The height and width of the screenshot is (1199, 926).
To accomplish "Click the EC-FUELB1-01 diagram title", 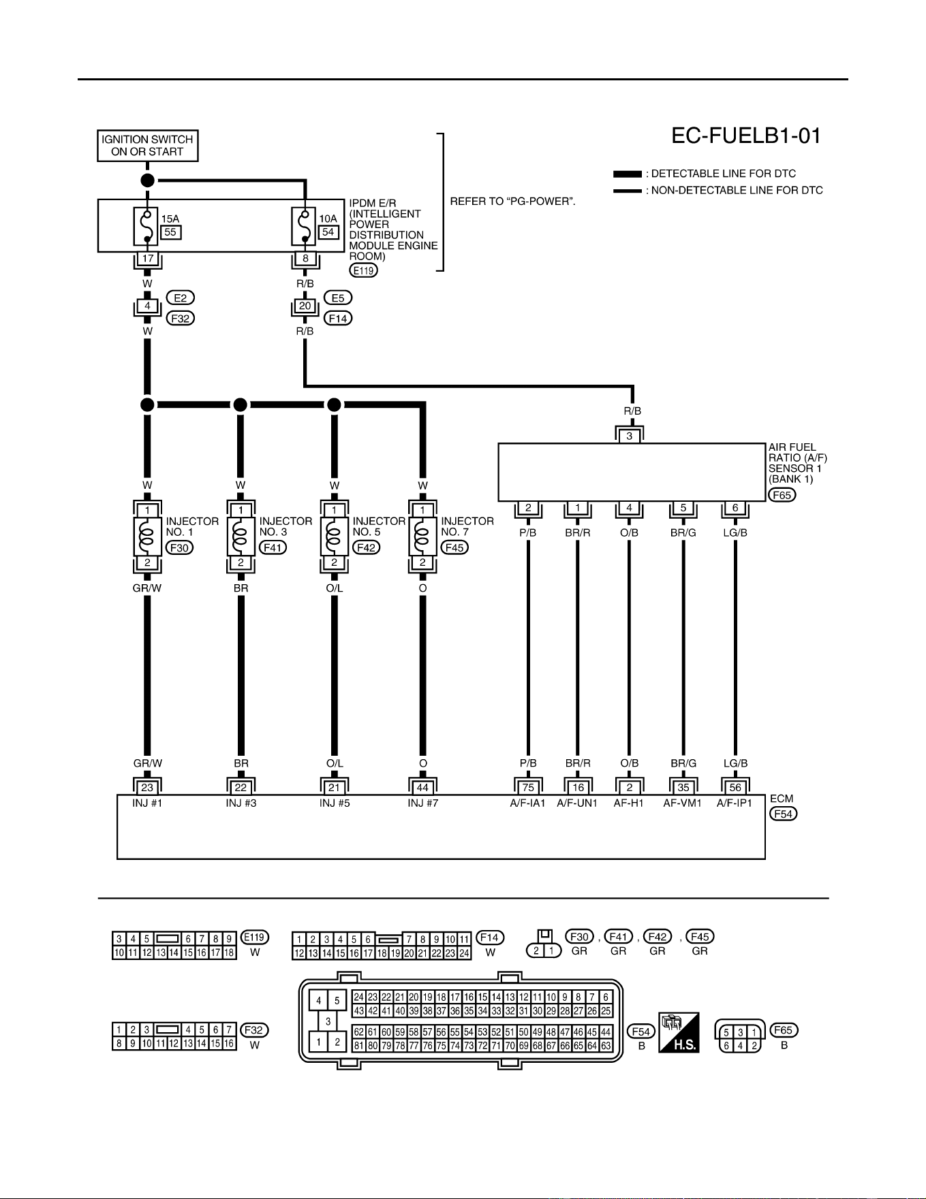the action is point(746,135).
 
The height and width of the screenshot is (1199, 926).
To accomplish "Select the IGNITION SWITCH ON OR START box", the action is point(147,146).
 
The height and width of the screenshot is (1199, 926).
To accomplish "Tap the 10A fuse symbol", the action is point(305,226).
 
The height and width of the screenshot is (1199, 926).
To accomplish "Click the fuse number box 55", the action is point(170,232).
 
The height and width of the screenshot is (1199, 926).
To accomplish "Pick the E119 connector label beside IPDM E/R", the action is point(364,270).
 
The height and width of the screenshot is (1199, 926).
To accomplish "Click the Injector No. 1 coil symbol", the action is point(146,537).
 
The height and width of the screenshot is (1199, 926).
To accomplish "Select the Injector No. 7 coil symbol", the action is point(422,537).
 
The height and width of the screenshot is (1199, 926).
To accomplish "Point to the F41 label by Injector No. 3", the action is point(273,547).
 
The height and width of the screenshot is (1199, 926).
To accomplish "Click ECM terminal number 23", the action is point(147,787).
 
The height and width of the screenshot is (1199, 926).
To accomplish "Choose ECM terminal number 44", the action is point(422,787).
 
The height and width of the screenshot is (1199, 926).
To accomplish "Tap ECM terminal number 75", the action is point(528,787).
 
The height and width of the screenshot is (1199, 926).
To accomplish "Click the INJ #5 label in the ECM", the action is point(335,803).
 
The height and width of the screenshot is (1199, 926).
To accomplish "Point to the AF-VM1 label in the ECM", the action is point(683,803).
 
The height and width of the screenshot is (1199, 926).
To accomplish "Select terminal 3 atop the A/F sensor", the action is point(630,436).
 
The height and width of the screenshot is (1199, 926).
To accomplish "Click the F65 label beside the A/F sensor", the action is point(782,495).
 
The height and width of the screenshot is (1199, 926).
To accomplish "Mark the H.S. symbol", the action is point(679,1032).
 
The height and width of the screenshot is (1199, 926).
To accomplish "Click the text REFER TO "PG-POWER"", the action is point(513,202).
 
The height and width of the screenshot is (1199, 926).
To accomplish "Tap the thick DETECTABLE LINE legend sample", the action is point(627,174).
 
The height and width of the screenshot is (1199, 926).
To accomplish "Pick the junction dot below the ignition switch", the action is point(147,180).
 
